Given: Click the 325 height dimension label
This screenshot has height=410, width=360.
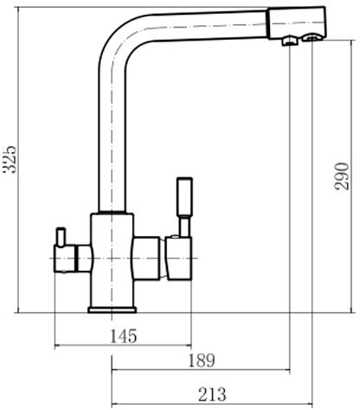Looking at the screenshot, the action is coord(10,159).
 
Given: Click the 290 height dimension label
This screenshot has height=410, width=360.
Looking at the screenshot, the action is coord(342,176).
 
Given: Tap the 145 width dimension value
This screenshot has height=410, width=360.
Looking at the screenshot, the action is coord(124,336).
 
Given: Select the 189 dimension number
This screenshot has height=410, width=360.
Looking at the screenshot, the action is coord(202,360).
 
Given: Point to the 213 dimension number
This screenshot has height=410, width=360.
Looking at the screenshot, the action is coord(212,394).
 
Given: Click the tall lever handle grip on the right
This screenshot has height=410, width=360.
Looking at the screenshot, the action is coord(184,196).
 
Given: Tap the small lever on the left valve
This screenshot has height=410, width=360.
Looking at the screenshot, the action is coord(61,237).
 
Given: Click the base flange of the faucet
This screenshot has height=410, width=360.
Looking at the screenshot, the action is coord(112,310).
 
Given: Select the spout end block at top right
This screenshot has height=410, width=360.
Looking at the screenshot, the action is coord(297,22).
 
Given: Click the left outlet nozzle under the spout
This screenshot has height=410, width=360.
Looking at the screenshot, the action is coord(290,41).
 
